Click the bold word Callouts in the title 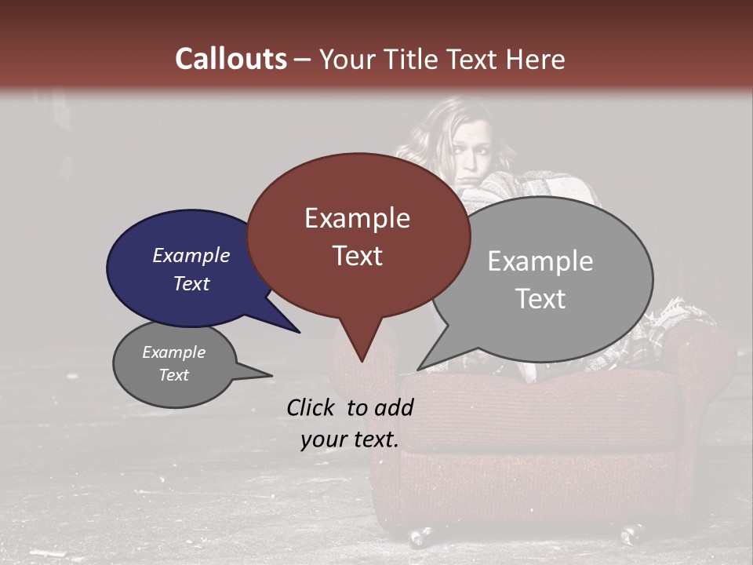pos(231,59)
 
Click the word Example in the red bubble pos(357,218)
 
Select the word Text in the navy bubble pos(191,283)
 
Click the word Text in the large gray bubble pos(540,298)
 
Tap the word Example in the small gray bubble pos(173,352)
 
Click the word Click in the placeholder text pos(311,406)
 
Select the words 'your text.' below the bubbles pos(349,439)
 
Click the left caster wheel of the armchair pos(419,537)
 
